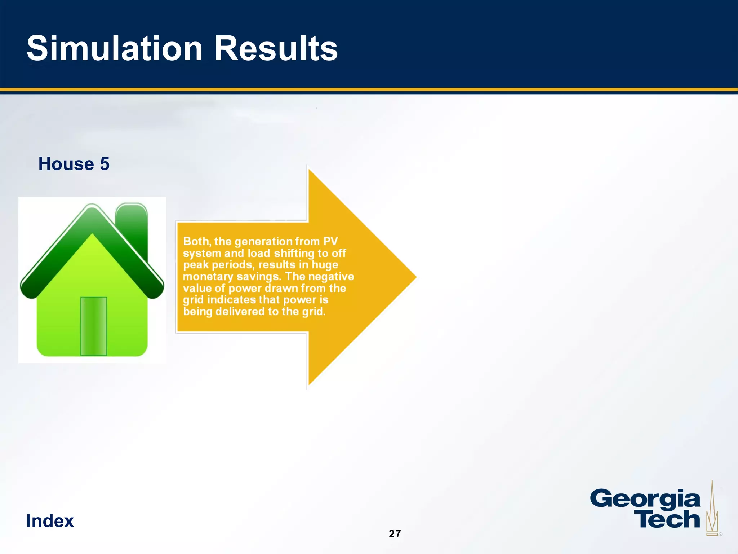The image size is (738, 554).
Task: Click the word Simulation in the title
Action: coord(115,49)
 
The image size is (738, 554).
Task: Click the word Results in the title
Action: coord(276,49)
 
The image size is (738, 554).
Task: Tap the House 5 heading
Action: coord(74,164)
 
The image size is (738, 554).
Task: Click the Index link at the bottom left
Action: coord(50,521)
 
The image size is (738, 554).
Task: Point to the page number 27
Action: coord(395,534)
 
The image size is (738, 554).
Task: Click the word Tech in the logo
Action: coord(667,519)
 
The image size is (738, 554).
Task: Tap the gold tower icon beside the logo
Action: coord(712,512)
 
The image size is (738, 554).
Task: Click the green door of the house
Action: coord(93,326)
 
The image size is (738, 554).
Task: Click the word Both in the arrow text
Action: coord(196,241)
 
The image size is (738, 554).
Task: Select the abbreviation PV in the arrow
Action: coord(330,241)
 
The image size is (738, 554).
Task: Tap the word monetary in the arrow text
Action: coord(208,277)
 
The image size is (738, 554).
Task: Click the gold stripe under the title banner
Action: coord(369,89)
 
